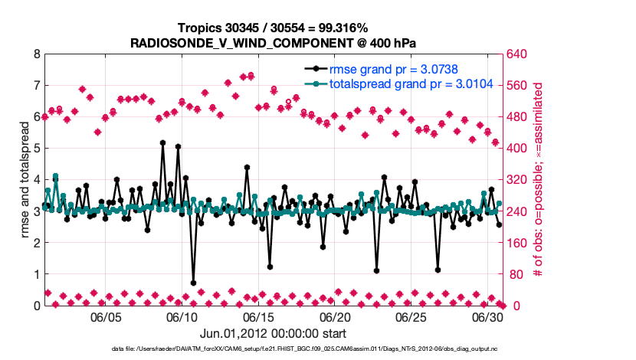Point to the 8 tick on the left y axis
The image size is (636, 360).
point(36,54)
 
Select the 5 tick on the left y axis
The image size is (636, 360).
point(36,149)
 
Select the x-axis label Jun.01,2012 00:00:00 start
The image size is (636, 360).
point(273,333)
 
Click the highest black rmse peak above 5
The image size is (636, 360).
point(162,142)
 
